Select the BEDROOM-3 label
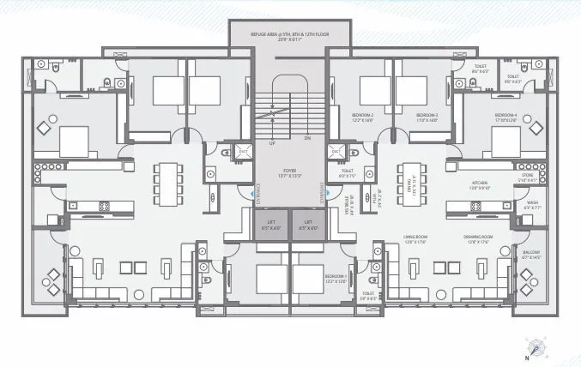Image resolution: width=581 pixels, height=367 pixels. coord(427,117)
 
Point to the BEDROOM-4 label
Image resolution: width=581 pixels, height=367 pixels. coord(505,117)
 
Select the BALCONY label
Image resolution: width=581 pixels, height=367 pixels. coord(532,254)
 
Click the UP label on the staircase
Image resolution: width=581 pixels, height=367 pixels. coord(273,144)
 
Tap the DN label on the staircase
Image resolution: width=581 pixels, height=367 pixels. coord(307,136)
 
